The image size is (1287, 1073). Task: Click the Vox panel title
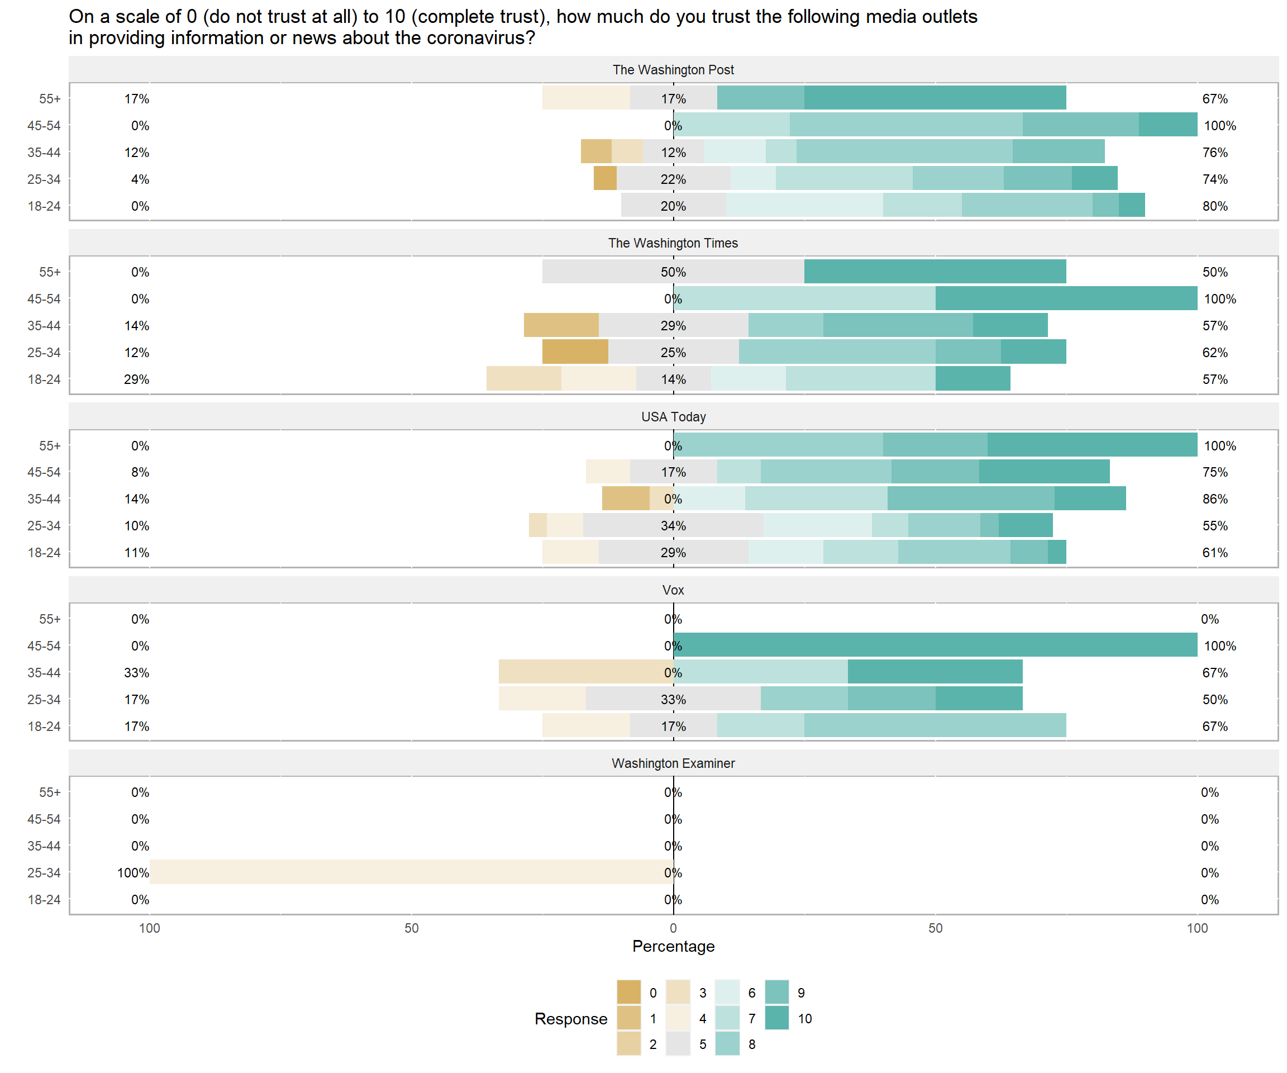click(673, 590)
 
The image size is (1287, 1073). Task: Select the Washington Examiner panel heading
click(673, 763)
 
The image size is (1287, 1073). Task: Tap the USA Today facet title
click(673, 417)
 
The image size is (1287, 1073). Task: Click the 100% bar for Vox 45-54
click(935, 645)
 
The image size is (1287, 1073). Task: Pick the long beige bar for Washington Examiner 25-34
click(411, 872)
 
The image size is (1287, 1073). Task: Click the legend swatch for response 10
click(777, 1018)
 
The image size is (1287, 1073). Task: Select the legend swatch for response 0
click(629, 993)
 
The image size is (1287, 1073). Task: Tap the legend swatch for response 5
click(678, 1044)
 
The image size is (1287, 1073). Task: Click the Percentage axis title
click(673, 946)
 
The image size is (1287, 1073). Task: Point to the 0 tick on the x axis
click(673, 928)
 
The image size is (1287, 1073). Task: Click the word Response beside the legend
click(570, 1019)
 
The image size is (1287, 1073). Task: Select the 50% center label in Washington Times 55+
click(673, 272)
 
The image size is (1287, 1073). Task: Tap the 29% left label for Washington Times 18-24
click(136, 379)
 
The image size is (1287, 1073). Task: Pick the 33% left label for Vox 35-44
click(136, 673)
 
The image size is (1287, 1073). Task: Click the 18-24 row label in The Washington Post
click(44, 206)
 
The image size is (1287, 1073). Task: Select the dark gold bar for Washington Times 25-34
click(575, 352)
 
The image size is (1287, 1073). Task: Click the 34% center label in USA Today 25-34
click(673, 526)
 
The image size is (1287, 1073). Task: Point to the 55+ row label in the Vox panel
click(50, 619)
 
